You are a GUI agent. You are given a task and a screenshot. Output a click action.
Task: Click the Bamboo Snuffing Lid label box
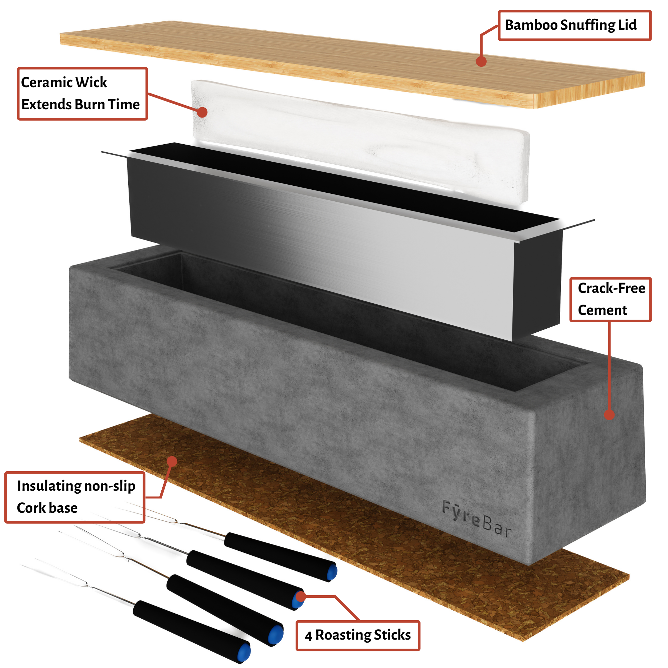coord(574,26)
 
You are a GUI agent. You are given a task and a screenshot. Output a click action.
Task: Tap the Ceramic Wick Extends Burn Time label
coord(82,94)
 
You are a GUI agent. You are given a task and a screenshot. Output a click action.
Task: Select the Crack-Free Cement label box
coord(610,299)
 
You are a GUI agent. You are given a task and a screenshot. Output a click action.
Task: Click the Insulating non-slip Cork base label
coord(75,497)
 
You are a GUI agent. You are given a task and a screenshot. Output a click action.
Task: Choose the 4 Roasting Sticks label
coord(357,636)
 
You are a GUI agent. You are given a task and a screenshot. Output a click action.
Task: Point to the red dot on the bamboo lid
coord(481,61)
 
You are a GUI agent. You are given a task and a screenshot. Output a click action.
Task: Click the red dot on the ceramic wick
coord(202,112)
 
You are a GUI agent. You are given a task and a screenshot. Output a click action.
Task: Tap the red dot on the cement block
coord(609,414)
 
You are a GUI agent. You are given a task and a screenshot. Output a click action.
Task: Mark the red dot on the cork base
coord(172,461)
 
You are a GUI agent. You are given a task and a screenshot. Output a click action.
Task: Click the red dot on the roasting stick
coord(301,597)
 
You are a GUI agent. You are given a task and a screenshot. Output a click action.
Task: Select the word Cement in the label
coord(602,310)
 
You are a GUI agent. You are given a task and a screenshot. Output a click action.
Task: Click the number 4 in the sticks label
coord(308,636)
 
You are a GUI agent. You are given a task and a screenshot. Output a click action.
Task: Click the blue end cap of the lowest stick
coord(244,652)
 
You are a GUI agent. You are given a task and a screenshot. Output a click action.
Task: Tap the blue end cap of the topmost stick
coord(332,571)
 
